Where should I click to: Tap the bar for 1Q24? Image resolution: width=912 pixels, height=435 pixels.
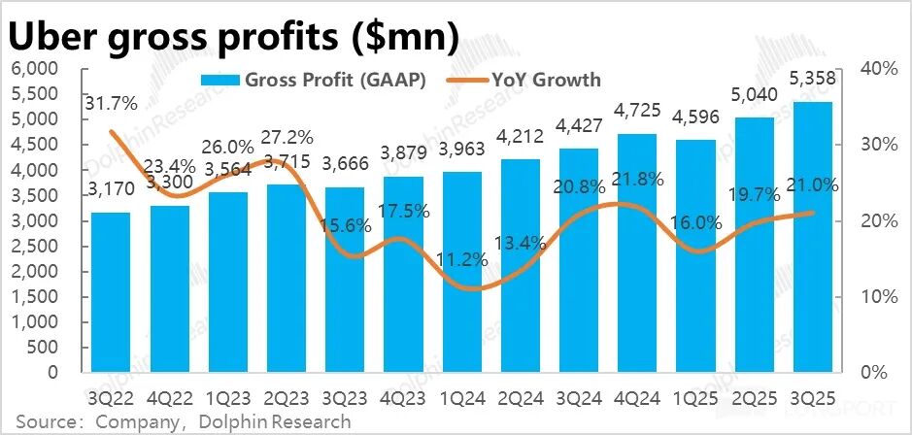coord(461,271)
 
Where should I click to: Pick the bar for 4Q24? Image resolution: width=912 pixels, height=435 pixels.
coord(637,251)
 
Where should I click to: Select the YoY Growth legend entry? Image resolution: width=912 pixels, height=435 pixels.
coord(524,80)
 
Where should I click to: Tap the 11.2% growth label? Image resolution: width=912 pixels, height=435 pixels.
coord(461,259)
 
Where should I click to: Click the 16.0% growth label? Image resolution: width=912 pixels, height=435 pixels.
coord(695,222)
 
